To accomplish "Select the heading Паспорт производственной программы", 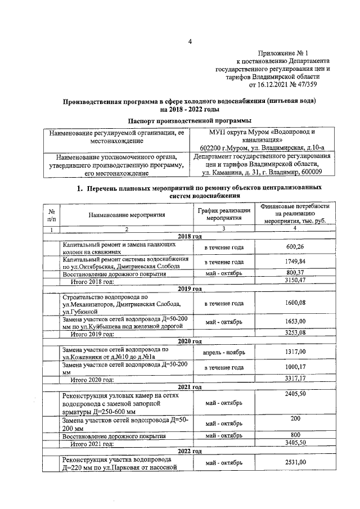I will coord(190,121).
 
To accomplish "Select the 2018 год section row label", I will coord(189,237).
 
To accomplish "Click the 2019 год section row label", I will coord(189,289).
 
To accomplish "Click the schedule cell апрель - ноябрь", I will coord(223,352).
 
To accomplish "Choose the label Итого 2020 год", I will coord(91,380).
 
